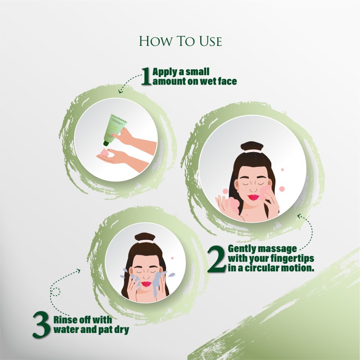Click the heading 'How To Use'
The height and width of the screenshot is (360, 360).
pos(180,41)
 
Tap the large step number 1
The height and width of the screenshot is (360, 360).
pos(146,76)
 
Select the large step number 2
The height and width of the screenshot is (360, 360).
pos(216,259)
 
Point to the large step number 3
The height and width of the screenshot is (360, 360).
pos(41,324)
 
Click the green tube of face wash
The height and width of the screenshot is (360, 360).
pos(114,129)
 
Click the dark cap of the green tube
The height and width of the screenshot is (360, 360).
pos(106,144)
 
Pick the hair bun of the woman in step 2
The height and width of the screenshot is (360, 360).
pos(252,146)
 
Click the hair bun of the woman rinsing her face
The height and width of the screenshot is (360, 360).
pos(145,237)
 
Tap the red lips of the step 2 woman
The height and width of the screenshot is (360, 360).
pos(253,197)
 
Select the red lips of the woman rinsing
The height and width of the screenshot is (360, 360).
pos(146,284)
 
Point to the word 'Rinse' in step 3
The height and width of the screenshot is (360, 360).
pos(65,319)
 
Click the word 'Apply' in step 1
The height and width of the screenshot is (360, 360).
pos(165,72)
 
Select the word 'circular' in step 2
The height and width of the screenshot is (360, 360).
pos(261,268)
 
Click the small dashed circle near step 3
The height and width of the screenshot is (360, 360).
pos(55,292)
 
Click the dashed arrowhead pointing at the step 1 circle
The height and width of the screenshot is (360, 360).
pos(120,91)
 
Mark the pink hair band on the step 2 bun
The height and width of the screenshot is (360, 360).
pos(253,151)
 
